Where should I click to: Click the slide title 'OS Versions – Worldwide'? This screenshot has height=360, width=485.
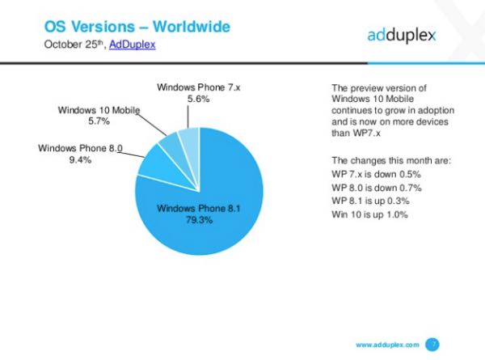tap(137, 26)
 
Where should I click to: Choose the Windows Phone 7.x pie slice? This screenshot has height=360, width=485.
tap(189, 139)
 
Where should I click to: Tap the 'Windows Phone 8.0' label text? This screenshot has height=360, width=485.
tap(78, 148)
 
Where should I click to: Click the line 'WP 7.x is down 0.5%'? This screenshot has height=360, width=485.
tap(377, 174)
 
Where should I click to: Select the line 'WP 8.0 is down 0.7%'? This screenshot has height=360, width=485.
tap(377, 188)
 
